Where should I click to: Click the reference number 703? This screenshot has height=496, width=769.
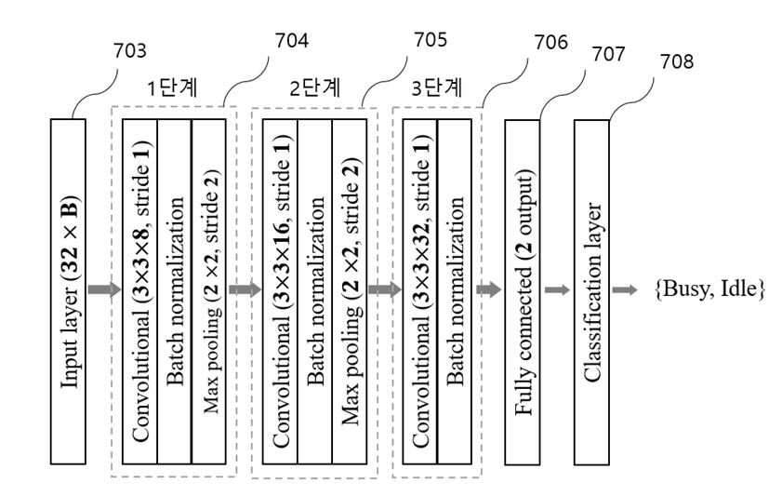click(130, 50)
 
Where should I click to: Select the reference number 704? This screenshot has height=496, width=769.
click(291, 41)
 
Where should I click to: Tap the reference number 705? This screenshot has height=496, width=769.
click(431, 40)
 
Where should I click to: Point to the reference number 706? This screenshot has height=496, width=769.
click(550, 43)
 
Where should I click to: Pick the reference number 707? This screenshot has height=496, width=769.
click(608, 54)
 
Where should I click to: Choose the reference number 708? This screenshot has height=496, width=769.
click(677, 61)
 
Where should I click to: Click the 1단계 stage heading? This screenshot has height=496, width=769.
click(173, 87)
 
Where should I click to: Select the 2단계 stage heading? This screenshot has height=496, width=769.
click(315, 87)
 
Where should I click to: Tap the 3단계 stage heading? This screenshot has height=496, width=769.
click(436, 87)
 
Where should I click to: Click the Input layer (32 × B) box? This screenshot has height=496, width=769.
click(68, 291)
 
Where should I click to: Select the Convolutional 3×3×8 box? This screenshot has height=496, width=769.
click(139, 291)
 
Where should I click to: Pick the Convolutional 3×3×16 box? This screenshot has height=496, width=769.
click(280, 291)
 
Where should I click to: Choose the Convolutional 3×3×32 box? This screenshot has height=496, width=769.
click(419, 291)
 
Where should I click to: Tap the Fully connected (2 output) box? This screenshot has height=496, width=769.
click(523, 292)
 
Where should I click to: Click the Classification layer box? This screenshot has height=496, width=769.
click(592, 292)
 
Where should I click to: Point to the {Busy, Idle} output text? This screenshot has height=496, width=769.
click(709, 289)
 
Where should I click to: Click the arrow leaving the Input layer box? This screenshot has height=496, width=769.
click(104, 289)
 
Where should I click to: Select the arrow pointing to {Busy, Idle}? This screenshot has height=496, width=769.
click(625, 290)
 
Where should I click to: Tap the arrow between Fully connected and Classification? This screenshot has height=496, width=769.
click(558, 290)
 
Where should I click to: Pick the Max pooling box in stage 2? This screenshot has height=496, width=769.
click(350, 291)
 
